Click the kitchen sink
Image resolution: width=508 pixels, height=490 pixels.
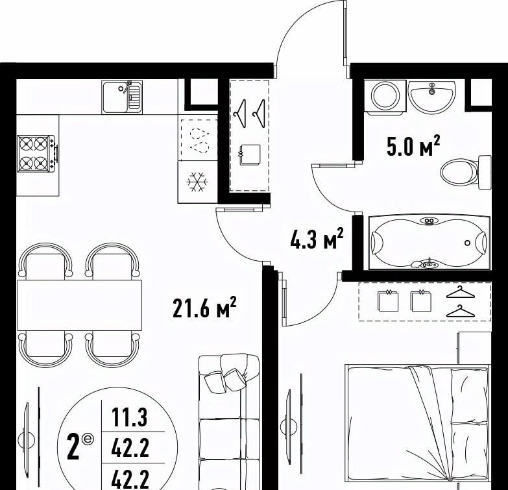(x=122, y=97)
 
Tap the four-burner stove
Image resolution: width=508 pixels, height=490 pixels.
(x=37, y=154)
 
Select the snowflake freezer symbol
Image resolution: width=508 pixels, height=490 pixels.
(x=197, y=182)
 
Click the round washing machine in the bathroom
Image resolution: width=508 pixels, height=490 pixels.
(x=385, y=96)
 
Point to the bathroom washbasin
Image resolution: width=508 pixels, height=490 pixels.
(x=431, y=97)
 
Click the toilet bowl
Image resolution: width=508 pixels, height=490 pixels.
(x=465, y=171)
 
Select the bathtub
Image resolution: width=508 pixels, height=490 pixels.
(x=429, y=242)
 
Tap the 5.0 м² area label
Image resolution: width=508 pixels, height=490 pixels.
(x=413, y=147)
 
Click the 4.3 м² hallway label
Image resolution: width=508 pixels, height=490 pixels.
(x=317, y=239)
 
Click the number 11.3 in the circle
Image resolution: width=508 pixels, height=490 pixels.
(x=130, y=417)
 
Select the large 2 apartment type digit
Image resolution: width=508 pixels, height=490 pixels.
(x=73, y=448)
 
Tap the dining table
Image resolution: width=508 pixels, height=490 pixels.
(x=80, y=305)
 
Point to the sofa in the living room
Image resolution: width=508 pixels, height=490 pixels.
(x=229, y=422)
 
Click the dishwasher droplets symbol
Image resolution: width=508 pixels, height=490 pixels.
(x=199, y=140)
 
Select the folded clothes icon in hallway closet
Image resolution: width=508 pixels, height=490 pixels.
(x=250, y=154)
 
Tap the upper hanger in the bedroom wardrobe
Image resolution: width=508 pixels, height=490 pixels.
(x=461, y=292)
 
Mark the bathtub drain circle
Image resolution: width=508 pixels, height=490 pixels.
(x=468, y=243)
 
